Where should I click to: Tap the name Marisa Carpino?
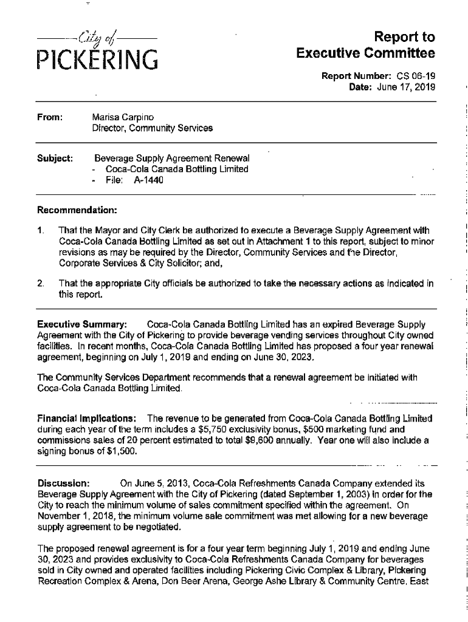click(123, 117)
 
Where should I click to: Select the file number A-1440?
click(149, 180)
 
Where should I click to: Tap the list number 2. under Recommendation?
click(41, 283)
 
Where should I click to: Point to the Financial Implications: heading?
click(87, 419)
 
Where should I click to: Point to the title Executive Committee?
click(366, 53)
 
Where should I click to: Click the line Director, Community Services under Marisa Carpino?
click(152, 128)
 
